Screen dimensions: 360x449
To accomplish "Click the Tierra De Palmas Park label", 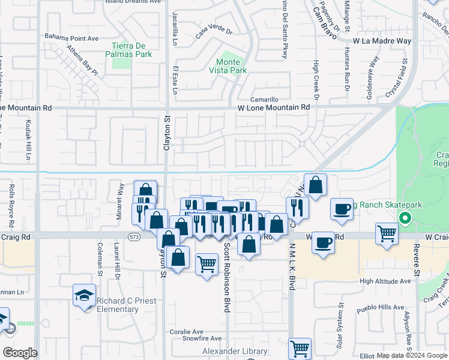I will [x=132, y=50].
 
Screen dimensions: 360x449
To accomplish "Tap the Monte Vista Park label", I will [x=232, y=66].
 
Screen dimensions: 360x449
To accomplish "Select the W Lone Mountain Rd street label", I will [x=274, y=107].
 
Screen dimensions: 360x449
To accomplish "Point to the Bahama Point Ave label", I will [x=71, y=38].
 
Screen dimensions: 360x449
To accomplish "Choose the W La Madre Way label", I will [x=382, y=41].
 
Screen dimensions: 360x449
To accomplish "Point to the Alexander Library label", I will [x=230, y=351].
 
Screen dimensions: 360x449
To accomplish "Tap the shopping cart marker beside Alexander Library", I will [x=300, y=348].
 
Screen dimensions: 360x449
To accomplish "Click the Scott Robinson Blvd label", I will [x=227, y=277].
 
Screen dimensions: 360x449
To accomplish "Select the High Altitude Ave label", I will [x=385, y=281].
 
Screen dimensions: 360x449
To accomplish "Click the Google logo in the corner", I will [x=20, y=352].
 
